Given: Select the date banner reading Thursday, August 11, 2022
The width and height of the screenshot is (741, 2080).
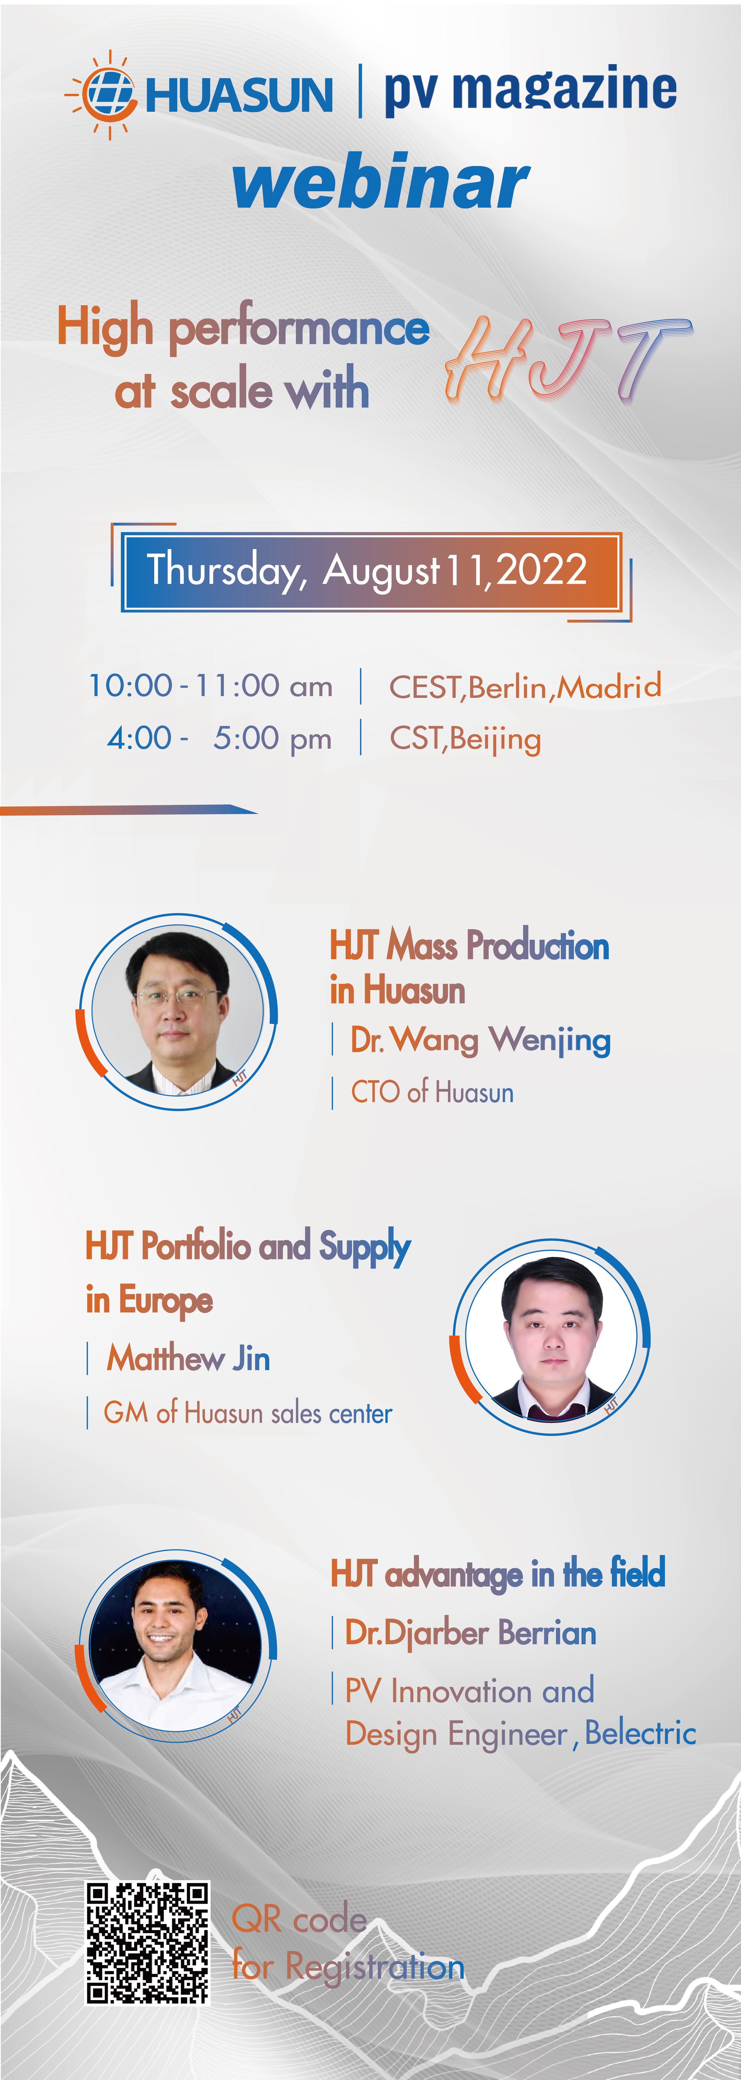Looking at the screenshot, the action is [x=371, y=572].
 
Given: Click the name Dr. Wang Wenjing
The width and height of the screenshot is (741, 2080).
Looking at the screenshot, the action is [x=480, y=1040].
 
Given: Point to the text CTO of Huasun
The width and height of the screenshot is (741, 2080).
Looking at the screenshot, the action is [x=432, y=1092].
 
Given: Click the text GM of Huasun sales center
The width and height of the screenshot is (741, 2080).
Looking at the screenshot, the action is [x=248, y=1413].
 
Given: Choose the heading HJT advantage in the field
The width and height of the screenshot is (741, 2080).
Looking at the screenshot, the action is [x=498, y=1574].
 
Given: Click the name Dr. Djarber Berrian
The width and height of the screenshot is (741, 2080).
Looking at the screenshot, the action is [x=470, y=1633].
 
